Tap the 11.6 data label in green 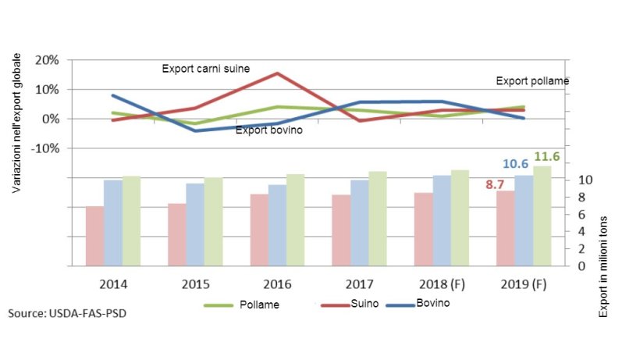pos(546,157)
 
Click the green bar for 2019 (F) pos(542,216)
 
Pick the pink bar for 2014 pos(94,236)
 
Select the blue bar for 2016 pos(277,225)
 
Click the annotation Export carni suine pos(205,69)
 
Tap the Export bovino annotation pos(269,130)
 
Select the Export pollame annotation pos(532,81)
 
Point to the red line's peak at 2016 pos(278,73)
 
